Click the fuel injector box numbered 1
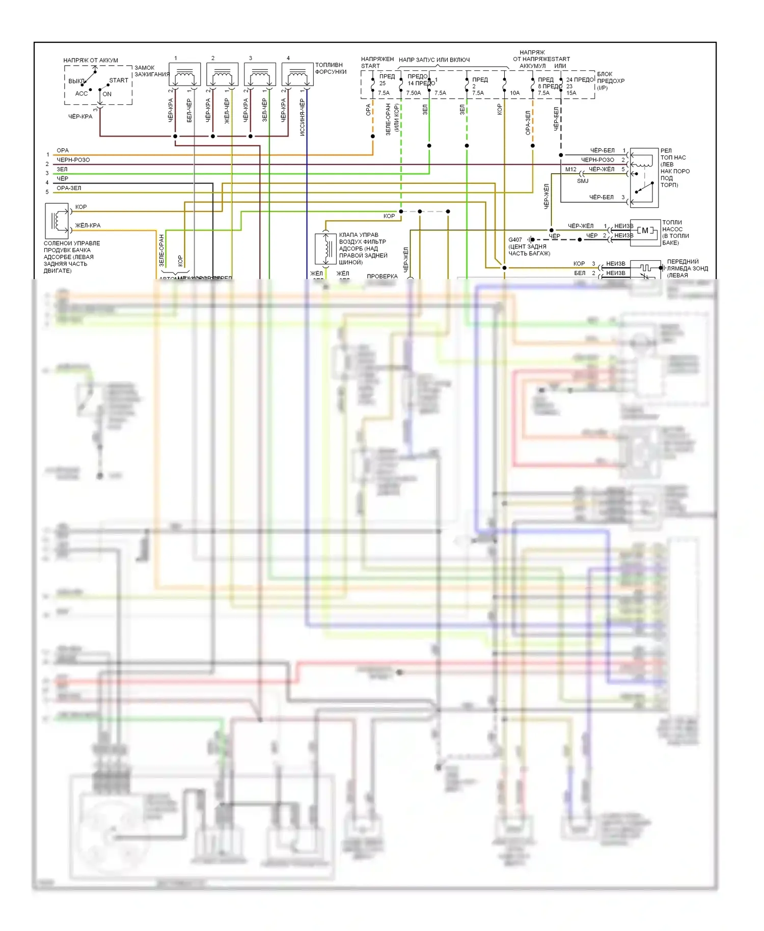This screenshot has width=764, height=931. [x=184, y=74]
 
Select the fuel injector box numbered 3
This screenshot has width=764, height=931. [x=260, y=74]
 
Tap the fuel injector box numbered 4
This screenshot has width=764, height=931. [x=297, y=74]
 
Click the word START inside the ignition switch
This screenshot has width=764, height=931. [x=119, y=80]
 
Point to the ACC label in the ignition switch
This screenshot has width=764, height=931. [x=81, y=94]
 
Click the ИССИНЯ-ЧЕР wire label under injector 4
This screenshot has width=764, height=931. [x=302, y=117]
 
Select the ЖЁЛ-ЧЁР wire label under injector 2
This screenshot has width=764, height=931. [x=227, y=111]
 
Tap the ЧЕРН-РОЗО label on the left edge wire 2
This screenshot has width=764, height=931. [x=73, y=160]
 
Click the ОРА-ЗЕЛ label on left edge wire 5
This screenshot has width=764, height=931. [x=69, y=188]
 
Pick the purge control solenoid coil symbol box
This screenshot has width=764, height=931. [x=57, y=221]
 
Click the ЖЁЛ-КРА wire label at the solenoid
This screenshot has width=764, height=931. [x=88, y=226]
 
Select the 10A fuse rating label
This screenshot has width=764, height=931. [x=515, y=93]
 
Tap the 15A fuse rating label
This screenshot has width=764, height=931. [x=571, y=93]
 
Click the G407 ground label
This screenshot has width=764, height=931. [x=515, y=240]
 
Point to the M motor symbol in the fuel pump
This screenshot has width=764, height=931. [x=645, y=230]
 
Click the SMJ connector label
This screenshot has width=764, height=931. [x=583, y=181]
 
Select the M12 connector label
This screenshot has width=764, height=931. [x=571, y=170]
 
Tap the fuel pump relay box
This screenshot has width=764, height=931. [x=644, y=177]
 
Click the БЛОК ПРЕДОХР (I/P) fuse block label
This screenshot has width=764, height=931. [x=611, y=81]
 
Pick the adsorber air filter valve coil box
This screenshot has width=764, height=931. [x=325, y=249]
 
